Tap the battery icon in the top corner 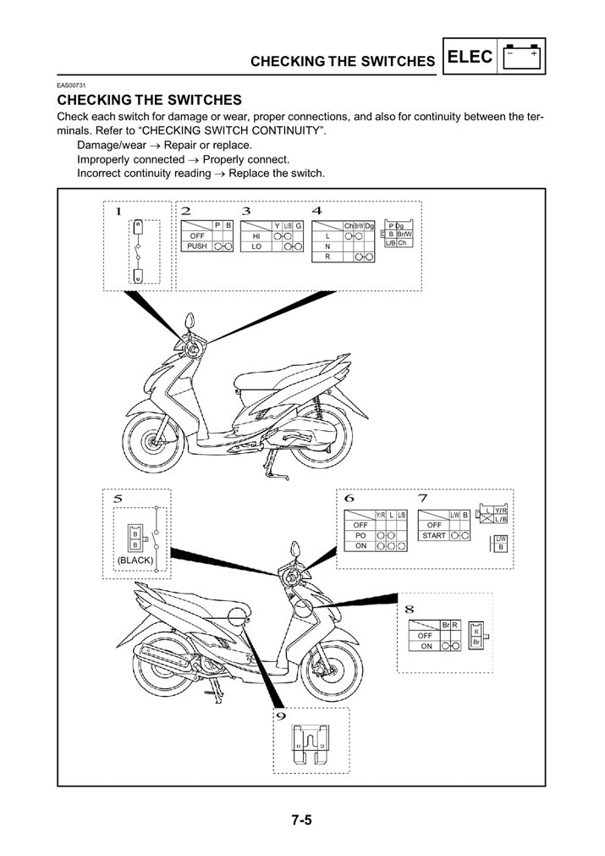click(x=522, y=58)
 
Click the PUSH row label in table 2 click(x=196, y=246)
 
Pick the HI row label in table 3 click(x=256, y=235)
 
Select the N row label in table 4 click(x=327, y=246)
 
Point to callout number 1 click(x=118, y=211)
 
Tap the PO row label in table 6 click(x=360, y=536)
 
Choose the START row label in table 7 click(x=434, y=536)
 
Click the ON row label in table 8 click(x=426, y=646)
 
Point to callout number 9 click(x=282, y=716)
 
